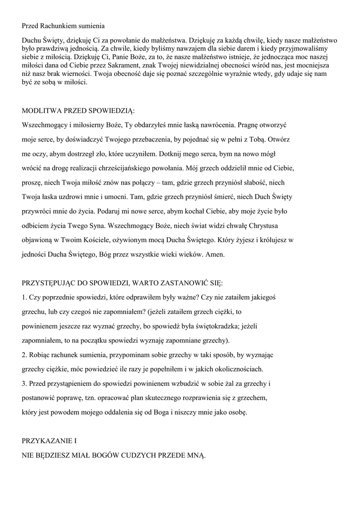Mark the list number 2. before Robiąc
click(25, 355)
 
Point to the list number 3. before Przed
click(25, 384)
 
